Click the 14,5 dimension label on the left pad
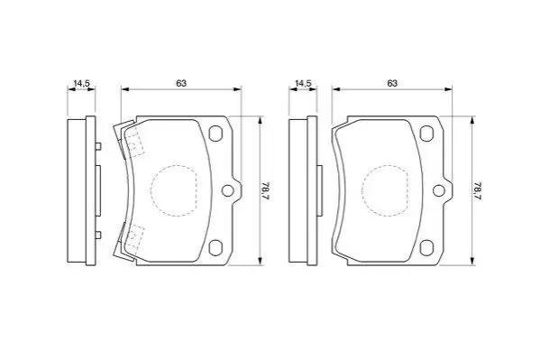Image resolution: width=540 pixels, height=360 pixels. [x=82, y=83]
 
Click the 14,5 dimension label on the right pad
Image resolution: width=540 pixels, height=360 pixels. [x=304, y=83]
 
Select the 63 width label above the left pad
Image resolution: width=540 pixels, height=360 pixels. [x=181, y=83]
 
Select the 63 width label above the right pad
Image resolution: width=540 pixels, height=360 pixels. [x=392, y=83]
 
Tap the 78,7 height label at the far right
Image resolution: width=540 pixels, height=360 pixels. [x=477, y=190]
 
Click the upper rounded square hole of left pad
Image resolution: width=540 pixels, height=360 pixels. [x=215, y=134]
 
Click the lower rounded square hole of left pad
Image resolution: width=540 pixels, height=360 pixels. [x=215, y=247]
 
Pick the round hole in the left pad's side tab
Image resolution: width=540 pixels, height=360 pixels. [x=228, y=190]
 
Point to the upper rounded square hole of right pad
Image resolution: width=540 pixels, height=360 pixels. [x=426, y=134]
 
